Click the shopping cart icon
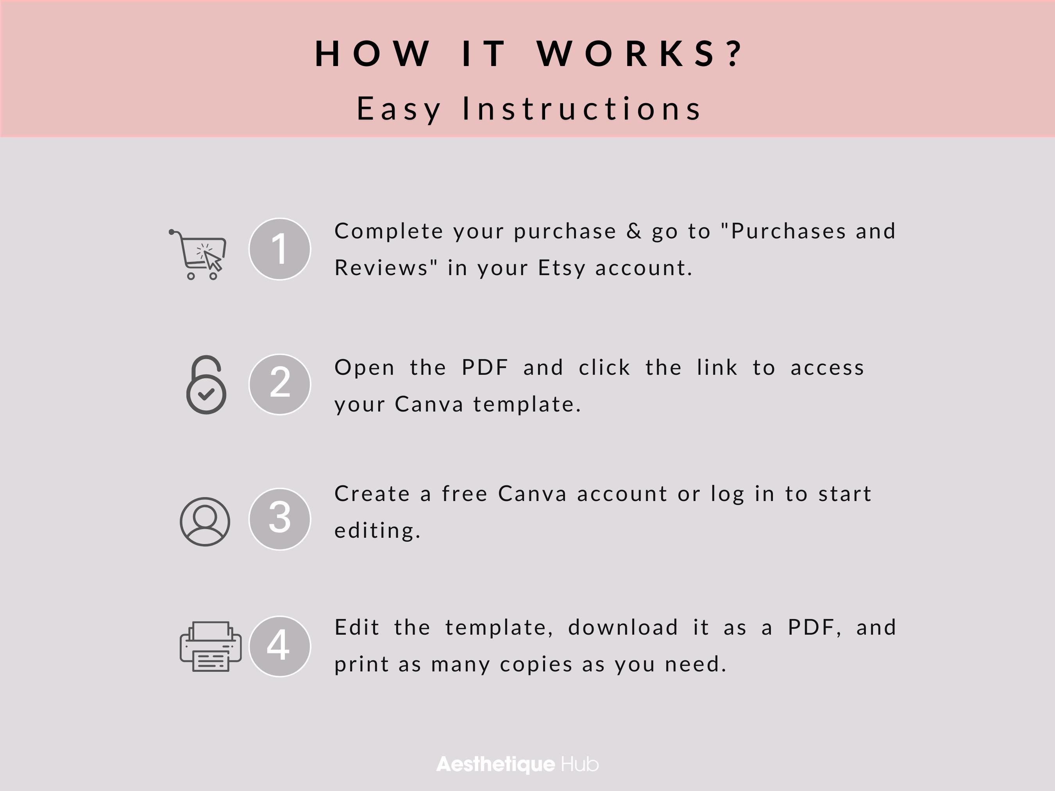click(x=198, y=255)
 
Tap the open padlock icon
click(x=206, y=385)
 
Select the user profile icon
click(x=205, y=521)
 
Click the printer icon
click(x=210, y=646)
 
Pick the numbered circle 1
click(x=279, y=249)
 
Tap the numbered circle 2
click(x=279, y=384)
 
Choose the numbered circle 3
click(x=279, y=519)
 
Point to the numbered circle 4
click(x=279, y=646)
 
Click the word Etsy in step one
click(x=561, y=268)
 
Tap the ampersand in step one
click(x=634, y=231)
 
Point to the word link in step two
click(x=717, y=368)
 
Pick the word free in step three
click(x=465, y=494)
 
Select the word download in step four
click(x=623, y=627)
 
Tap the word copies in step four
click(x=536, y=664)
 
